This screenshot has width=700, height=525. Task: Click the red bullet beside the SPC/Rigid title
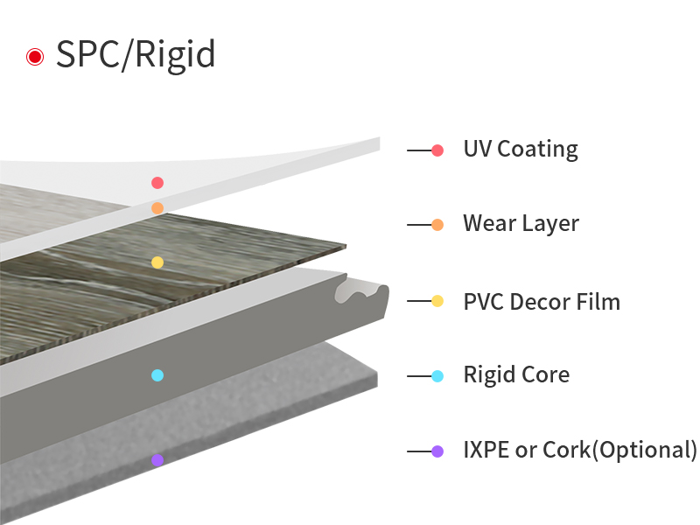(35, 57)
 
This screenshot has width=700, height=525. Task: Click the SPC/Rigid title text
(136, 55)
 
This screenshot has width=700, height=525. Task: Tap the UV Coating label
(521, 150)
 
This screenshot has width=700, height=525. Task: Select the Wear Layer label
(521, 224)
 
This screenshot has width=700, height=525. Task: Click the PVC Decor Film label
(542, 302)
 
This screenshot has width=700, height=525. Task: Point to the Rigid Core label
(516, 375)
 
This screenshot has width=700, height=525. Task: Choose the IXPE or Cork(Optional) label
(580, 451)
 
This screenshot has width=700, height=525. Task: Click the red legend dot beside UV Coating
(437, 150)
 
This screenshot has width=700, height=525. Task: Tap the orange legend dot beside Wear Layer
(437, 225)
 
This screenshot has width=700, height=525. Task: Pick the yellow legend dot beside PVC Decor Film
(437, 302)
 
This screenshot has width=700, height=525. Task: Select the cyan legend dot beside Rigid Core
(437, 376)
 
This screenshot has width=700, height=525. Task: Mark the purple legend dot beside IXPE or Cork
(437, 451)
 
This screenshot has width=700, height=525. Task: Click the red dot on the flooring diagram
(157, 183)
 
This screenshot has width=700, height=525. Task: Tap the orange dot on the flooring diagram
(157, 208)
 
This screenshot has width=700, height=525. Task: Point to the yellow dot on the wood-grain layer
(157, 262)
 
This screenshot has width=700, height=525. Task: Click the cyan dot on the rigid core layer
(157, 375)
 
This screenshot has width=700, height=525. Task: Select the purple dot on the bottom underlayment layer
(157, 460)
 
